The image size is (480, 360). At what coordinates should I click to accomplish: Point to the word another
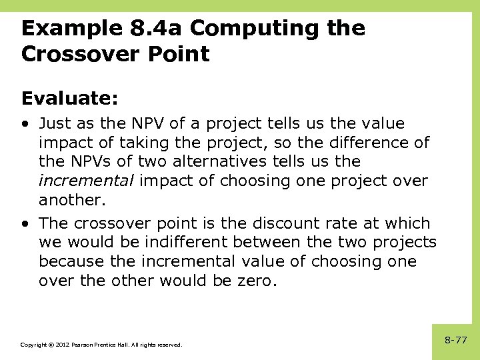tap(69, 199)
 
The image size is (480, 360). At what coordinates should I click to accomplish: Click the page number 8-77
tap(456, 340)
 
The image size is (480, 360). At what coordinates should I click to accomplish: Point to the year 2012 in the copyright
tap(57, 345)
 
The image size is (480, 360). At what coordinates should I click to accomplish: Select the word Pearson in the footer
tap(78, 345)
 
